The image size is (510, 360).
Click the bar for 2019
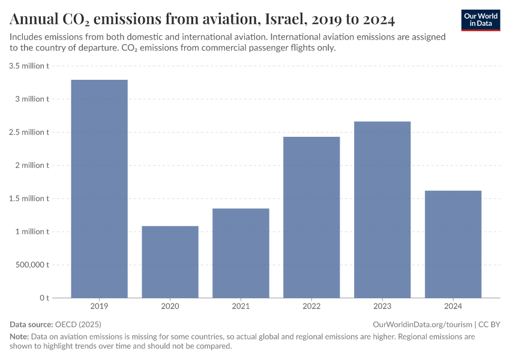99,188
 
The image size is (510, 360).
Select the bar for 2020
170,262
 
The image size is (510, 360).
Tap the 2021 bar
241,253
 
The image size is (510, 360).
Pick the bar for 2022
311,217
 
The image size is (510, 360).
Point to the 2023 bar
382,209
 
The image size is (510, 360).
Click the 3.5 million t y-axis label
29,66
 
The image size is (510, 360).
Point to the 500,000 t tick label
29,265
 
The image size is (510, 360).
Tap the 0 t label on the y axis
44,298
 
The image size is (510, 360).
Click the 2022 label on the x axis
311,307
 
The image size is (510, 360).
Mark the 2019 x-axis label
99,307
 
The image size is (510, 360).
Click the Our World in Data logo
481,20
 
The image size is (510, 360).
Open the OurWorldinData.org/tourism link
422,324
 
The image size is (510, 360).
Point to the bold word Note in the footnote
19,337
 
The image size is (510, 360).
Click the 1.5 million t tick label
29,199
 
